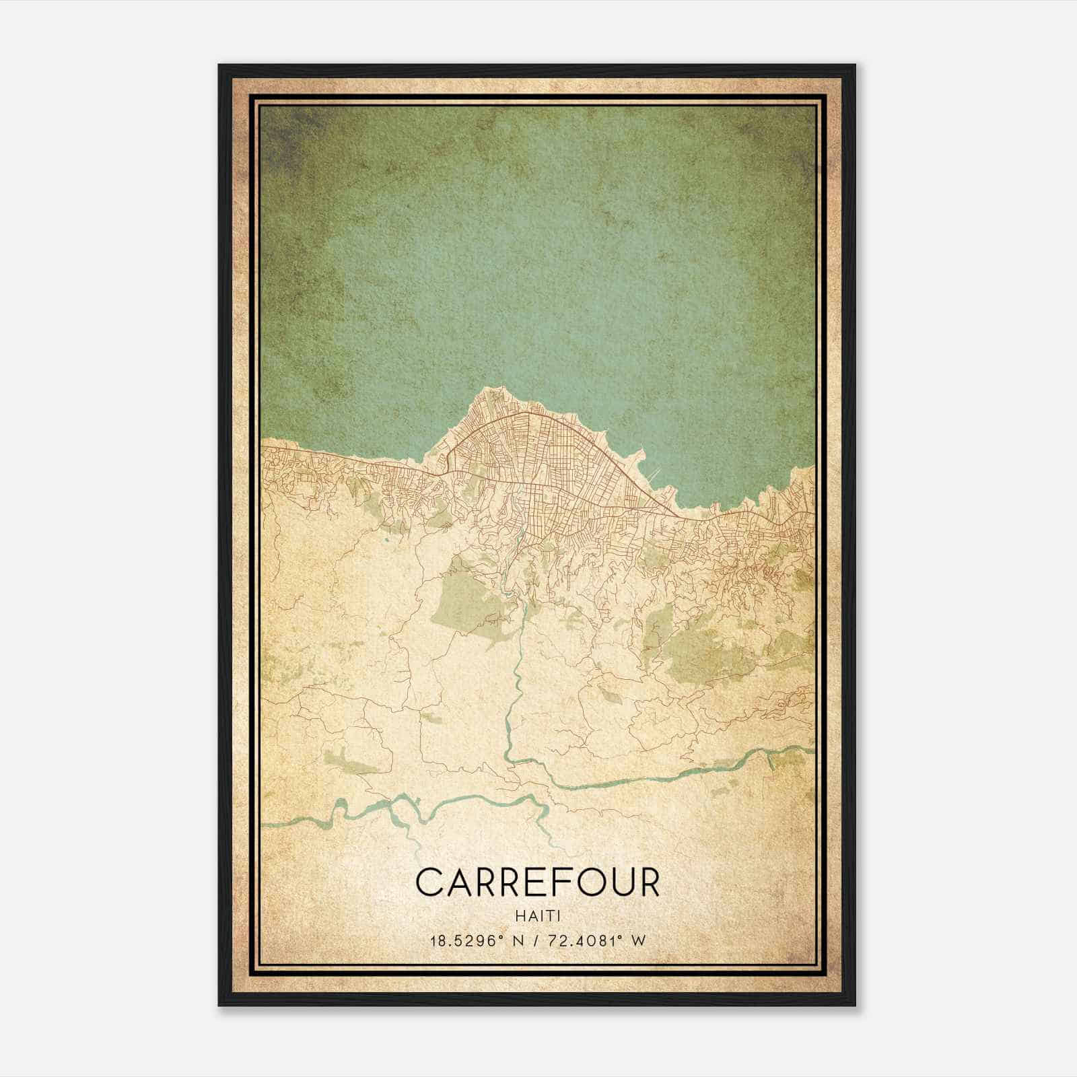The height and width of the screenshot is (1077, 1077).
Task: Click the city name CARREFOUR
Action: point(538,882)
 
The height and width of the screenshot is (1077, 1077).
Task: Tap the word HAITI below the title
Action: point(538,916)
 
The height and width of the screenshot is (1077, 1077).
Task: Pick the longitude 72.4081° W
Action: point(597,940)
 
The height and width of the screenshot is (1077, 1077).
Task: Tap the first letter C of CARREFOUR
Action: point(429,882)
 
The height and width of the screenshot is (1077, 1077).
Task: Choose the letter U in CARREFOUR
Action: point(620,882)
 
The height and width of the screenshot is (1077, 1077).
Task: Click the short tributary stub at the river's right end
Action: point(771,761)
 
